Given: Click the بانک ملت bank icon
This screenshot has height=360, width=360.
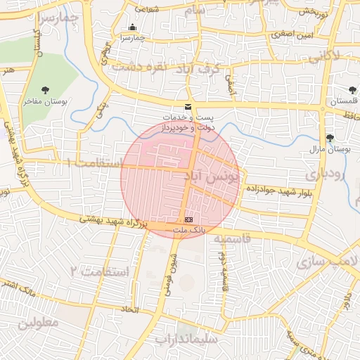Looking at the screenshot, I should [188, 220].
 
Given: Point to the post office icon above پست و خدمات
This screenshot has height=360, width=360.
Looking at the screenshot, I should [187, 106].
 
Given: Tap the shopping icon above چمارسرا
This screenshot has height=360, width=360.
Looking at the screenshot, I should [132, 28].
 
